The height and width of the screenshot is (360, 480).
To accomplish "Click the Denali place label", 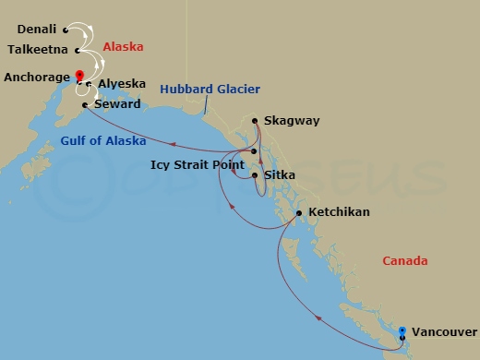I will point(36,30).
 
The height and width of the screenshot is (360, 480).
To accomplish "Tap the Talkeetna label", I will point(36,50).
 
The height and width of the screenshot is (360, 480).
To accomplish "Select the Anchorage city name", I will point(35,78).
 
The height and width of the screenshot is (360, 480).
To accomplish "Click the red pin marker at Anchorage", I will point(79,76).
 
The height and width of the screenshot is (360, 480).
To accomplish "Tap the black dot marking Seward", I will point(85,105).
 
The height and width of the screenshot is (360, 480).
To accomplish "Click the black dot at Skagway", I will point(255,120).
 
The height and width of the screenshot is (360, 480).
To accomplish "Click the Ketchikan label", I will point(339,212).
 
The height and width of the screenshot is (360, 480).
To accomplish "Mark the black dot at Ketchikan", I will point(299,213).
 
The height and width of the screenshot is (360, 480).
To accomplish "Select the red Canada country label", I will point(405,261).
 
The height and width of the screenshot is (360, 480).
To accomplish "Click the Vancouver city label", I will point(444,331).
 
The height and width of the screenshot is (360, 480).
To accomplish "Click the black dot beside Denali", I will point(66,30).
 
